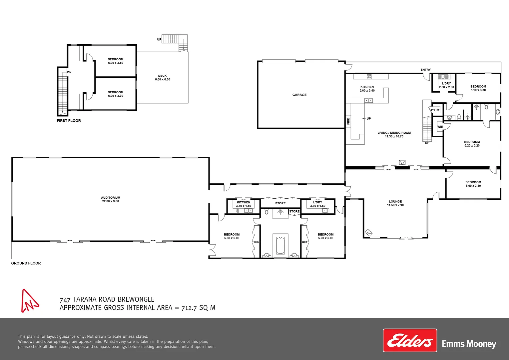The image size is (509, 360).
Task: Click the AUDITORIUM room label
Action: coord(111,199)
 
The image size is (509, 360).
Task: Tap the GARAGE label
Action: coord(299,95)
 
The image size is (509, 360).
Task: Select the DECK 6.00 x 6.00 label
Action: coord(163,78)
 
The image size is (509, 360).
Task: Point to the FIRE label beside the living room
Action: coord(348,121)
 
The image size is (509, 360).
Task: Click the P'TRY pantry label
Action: coord(435,110)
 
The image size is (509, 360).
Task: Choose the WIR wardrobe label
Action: coord(440,127)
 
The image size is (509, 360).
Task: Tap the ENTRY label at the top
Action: coord(425,70)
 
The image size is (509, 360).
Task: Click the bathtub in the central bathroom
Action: coord(280,246)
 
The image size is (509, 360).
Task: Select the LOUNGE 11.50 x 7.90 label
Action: coord(395,203)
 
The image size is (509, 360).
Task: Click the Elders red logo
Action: coord(410,340)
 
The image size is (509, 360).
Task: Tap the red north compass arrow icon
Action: coord(29,301)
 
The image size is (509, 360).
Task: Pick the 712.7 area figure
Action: coord(189,308)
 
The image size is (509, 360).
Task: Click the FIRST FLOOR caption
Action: coord(69,121)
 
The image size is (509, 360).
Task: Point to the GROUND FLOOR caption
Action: coord(26,263)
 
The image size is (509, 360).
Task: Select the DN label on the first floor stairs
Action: coord(69,72)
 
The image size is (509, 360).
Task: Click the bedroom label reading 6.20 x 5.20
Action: coord(472,144)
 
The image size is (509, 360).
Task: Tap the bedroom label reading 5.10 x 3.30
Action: coord(478,88)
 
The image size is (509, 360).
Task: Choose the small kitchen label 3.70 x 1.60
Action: coord(244,204)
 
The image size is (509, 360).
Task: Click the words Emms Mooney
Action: coord(469,344)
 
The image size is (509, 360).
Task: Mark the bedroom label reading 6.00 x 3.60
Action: coord(116,61)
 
